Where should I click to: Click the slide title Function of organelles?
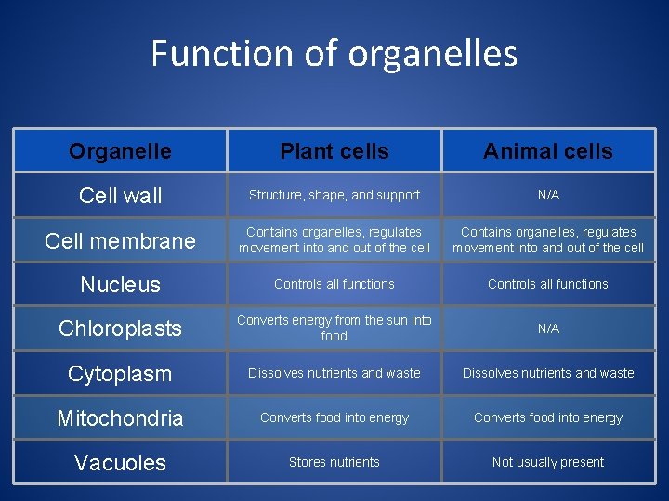coord(334,54)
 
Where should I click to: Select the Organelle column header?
coord(120,151)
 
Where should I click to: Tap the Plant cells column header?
coord(334,151)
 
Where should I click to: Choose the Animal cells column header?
coord(548,151)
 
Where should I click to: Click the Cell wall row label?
coord(120,196)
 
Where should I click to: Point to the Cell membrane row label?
coord(120,241)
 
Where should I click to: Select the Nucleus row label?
coord(120,285)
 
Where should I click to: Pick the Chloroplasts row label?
coord(120,328)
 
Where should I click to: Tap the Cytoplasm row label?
coord(120,374)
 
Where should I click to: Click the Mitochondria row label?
coord(120,418)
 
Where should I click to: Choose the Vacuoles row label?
coord(120,463)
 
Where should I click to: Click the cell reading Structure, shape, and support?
coord(334,196)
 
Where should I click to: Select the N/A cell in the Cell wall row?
coord(548,196)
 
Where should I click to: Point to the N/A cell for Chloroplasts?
coord(548,328)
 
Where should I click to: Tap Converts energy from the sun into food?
coord(334,328)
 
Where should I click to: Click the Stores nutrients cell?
coord(334,462)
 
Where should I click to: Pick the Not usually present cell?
coord(548,462)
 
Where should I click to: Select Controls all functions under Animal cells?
coord(548,284)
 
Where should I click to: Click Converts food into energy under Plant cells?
coord(334,417)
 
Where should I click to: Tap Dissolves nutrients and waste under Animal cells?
coord(548,373)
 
